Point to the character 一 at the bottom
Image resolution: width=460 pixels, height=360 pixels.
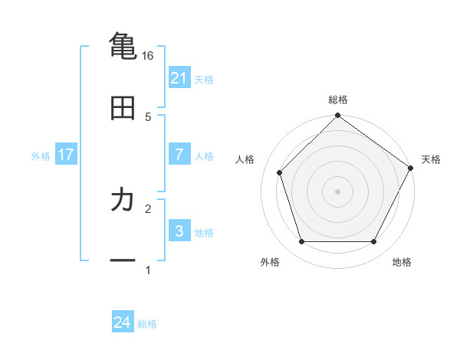(x=123, y=260)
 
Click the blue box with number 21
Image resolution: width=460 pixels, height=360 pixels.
(x=179, y=78)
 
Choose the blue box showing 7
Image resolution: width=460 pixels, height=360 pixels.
(x=179, y=155)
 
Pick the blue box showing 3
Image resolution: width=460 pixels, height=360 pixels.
(x=179, y=231)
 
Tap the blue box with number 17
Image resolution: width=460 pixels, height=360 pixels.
(x=66, y=155)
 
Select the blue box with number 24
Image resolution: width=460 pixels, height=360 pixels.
(x=123, y=323)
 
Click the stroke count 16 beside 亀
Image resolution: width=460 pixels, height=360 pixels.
(x=148, y=55)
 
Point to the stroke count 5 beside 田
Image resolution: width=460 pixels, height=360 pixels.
(x=148, y=116)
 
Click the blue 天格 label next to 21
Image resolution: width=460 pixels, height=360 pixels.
(x=204, y=79)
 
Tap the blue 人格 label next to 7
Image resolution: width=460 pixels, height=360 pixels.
(x=204, y=156)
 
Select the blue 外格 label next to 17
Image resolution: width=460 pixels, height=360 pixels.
(x=41, y=156)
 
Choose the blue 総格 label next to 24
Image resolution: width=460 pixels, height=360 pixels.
(x=147, y=325)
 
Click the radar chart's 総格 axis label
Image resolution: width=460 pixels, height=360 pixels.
(x=337, y=100)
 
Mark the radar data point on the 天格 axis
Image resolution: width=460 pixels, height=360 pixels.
(x=411, y=168)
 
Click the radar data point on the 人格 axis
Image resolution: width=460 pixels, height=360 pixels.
(x=280, y=172)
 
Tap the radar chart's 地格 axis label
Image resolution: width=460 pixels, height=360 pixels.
(x=402, y=262)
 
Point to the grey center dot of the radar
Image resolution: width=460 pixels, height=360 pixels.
(x=337, y=191)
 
